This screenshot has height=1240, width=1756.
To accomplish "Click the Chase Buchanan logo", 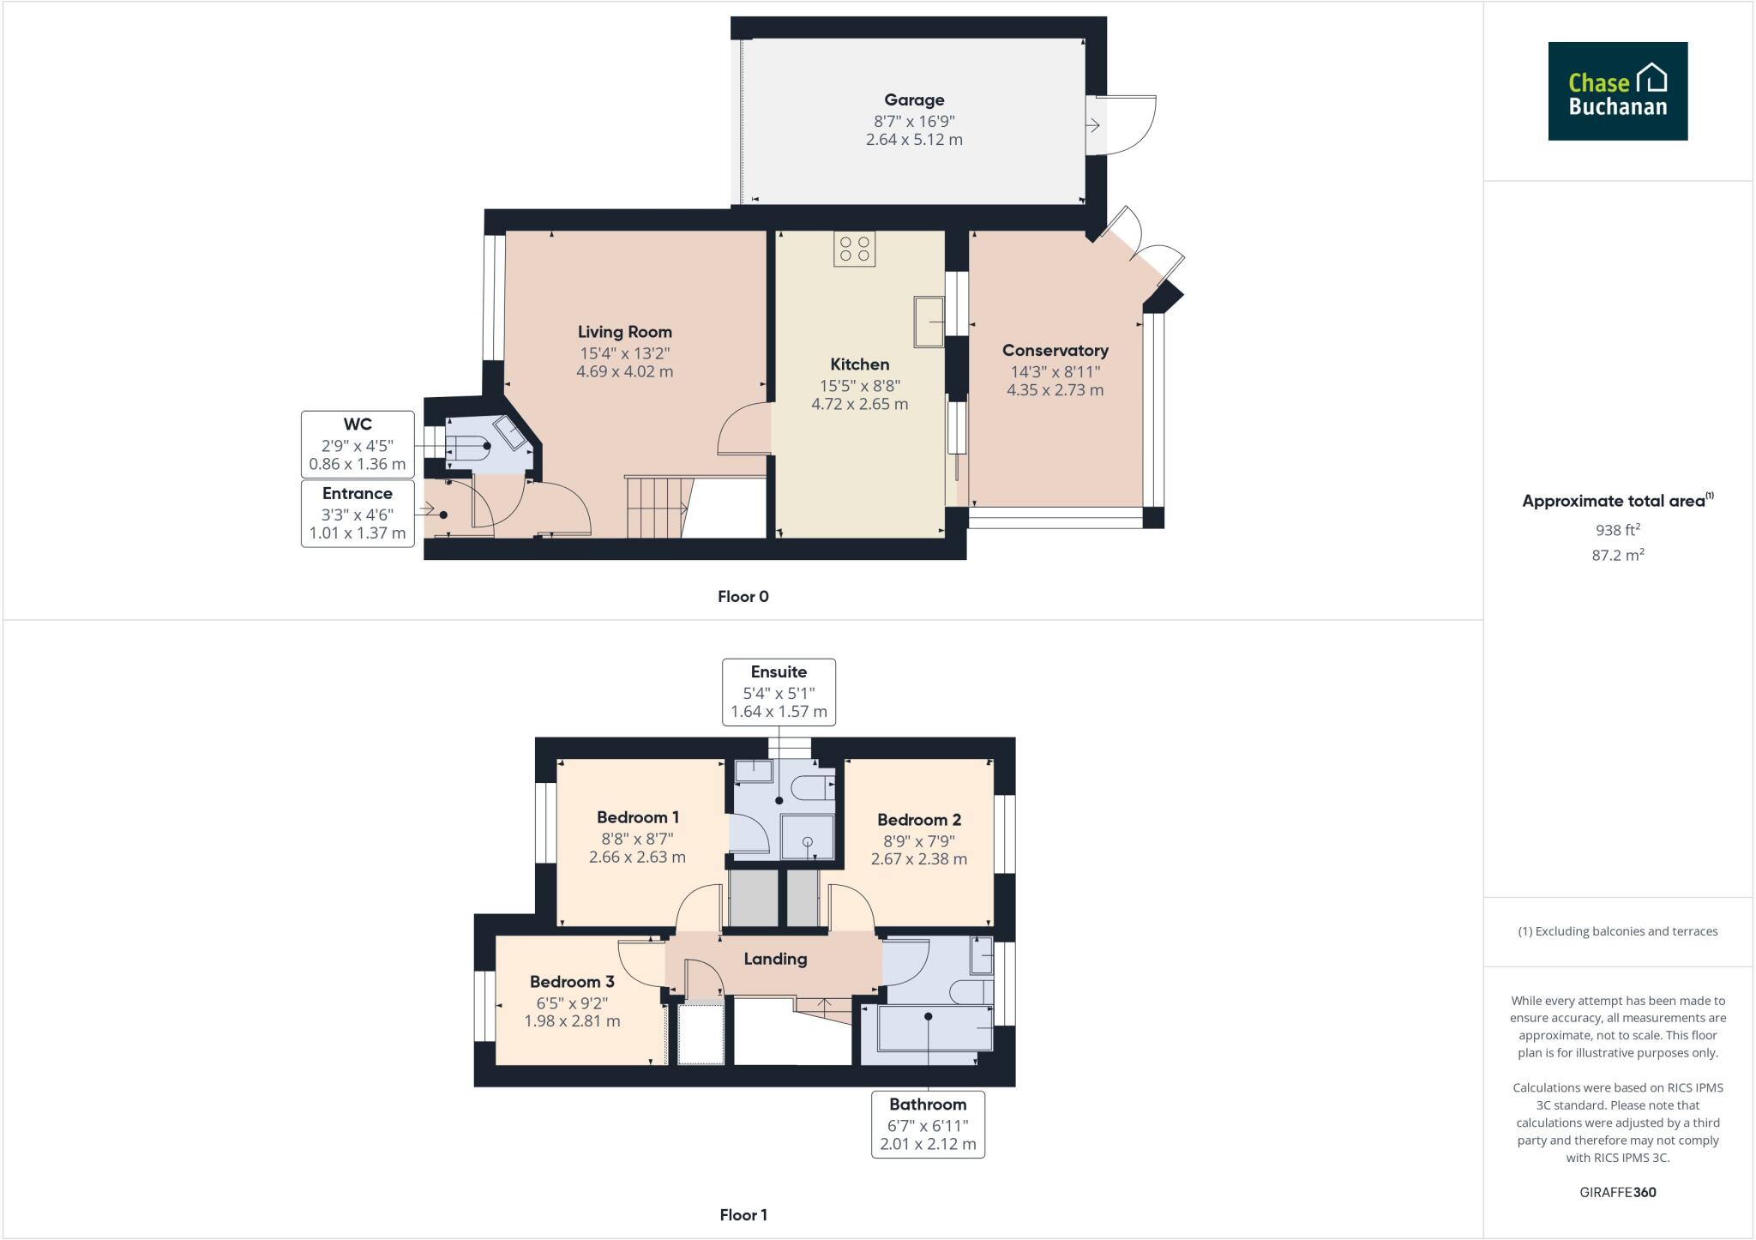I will pyautogui.click(x=1617, y=91).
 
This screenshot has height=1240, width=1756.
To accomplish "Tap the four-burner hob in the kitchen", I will pyautogui.click(x=854, y=250).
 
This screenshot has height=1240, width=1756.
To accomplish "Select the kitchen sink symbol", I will pyautogui.click(x=928, y=322).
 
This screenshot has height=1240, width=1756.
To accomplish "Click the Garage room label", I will pyautogui.click(x=914, y=100).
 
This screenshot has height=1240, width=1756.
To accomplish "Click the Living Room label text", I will pyautogui.click(x=624, y=332).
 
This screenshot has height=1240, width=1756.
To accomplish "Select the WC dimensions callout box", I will pyautogui.click(x=358, y=444).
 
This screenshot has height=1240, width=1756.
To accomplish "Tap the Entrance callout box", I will pyautogui.click(x=358, y=513).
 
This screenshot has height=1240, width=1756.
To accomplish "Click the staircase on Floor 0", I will pyautogui.click(x=655, y=508).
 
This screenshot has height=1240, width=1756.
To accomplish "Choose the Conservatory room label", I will pyautogui.click(x=1055, y=351).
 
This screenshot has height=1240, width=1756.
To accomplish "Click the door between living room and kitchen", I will pyautogui.click(x=743, y=430).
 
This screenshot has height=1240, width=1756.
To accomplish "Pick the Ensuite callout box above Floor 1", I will pyautogui.click(x=779, y=692).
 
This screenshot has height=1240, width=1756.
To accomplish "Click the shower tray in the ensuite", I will pyautogui.click(x=807, y=837).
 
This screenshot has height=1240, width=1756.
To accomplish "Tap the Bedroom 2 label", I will pyautogui.click(x=918, y=820).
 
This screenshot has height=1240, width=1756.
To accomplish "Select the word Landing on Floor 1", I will pyautogui.click(x=775, y=959).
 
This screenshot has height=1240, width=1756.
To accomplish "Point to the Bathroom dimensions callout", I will pyautogui.click(x=928, y=1124).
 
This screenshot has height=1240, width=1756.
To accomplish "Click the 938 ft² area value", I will pyautogui.click(x=1617, y=530).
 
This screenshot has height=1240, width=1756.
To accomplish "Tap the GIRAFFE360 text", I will pyautogui.click(x=1617, y=1192).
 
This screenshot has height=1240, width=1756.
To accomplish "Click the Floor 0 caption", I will pyautogui.click(x=743, y=597).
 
